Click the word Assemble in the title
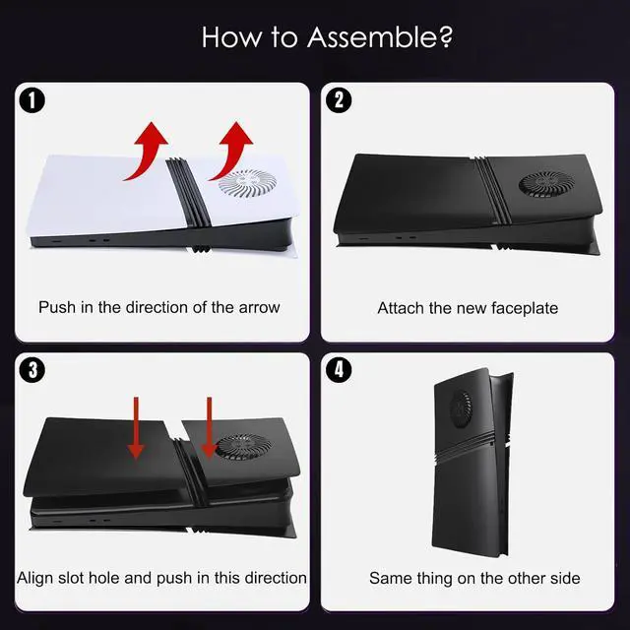click(372, 37)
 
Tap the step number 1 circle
click(32, 100)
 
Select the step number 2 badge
click(339, 100)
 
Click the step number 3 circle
click(32, 370)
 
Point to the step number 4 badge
click(339, 370)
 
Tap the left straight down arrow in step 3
click(136, 428)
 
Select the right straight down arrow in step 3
click(209, 428)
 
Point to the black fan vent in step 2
click(547, 183)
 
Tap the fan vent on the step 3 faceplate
click(240, 447)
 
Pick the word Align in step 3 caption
click(35, 578)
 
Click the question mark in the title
click(446, 37)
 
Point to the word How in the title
click(230, 37)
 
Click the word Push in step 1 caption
click(57, 307)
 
